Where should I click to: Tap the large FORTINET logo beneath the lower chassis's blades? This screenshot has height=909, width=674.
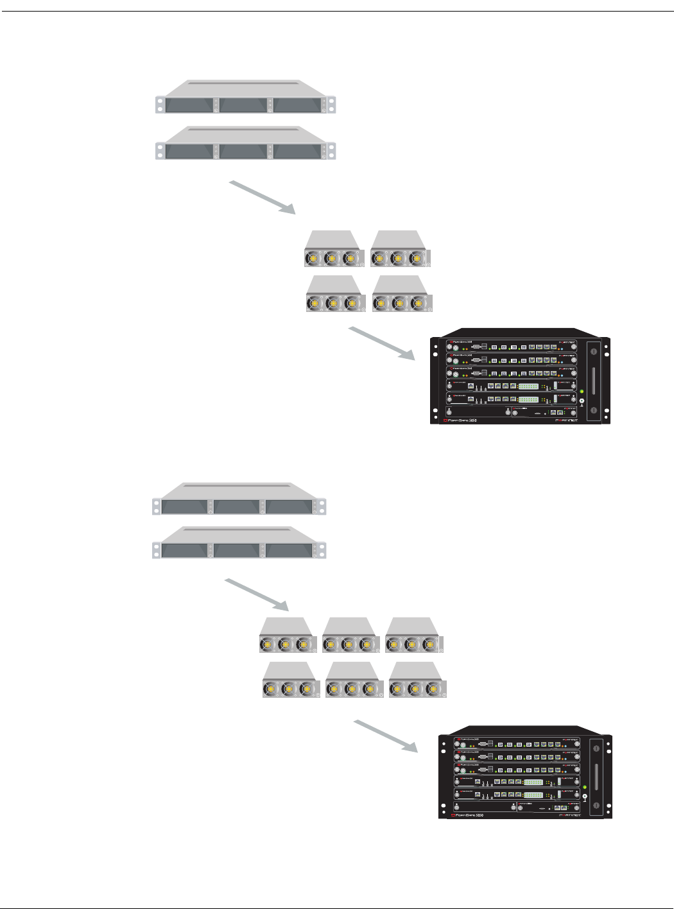point(569,815)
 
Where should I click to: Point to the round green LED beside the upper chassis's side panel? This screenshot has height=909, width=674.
point(582,392)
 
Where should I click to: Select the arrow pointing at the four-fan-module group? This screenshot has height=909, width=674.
point(263,197)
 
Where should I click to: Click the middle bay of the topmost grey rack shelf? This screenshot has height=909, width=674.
point(243,105)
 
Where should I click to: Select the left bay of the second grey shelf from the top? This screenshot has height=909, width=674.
point(189,151)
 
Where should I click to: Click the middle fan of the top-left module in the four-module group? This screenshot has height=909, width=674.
point(331,259)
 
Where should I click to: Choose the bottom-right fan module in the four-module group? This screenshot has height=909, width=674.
point(402,295)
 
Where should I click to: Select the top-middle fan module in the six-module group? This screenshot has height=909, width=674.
point(349,636)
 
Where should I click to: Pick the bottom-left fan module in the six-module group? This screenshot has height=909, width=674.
point(290,680)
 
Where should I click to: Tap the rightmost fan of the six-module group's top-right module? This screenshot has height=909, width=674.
point(429,644)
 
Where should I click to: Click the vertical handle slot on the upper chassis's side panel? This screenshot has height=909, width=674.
point(594,381)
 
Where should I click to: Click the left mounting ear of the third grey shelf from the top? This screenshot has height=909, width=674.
point(156,506)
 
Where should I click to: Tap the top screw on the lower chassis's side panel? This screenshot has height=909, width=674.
point(596,748)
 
